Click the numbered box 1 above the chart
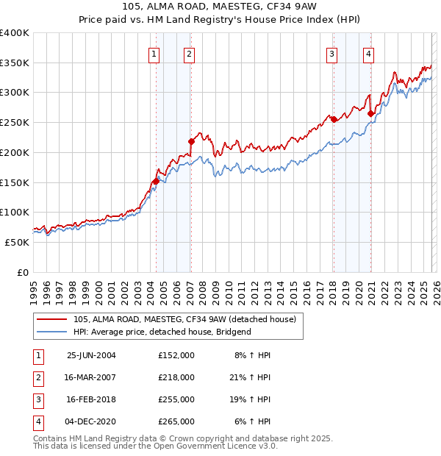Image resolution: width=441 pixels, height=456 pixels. [154, 53]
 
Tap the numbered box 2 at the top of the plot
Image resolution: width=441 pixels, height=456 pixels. [190, 53]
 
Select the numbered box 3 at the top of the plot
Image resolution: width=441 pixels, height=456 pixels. [331, 53]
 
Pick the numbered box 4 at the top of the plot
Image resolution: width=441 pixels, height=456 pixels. [367, 53]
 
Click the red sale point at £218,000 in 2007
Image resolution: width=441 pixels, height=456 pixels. [191, 141]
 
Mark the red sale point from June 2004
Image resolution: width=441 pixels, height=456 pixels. [156, 181]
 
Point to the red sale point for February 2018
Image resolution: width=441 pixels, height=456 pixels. [334, 119]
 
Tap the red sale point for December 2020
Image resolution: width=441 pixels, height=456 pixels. [370, 113]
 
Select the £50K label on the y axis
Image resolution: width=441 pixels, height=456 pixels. [18, 242]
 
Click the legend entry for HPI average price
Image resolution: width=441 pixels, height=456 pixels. [162, 332]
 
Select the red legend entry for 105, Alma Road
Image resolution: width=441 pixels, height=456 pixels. [184, 319]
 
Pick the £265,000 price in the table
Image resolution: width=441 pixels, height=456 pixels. [176, 421]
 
